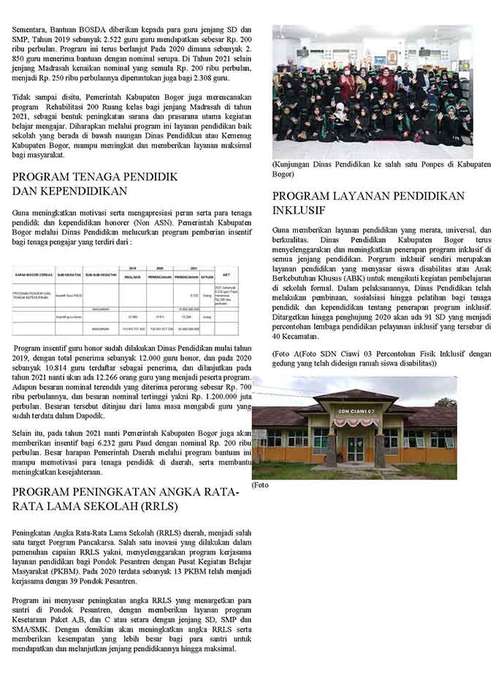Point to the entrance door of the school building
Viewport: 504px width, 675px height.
click(355, 448)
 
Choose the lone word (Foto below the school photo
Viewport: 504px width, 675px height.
click(261, 485)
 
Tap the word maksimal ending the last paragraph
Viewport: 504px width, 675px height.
click(219, 648)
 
